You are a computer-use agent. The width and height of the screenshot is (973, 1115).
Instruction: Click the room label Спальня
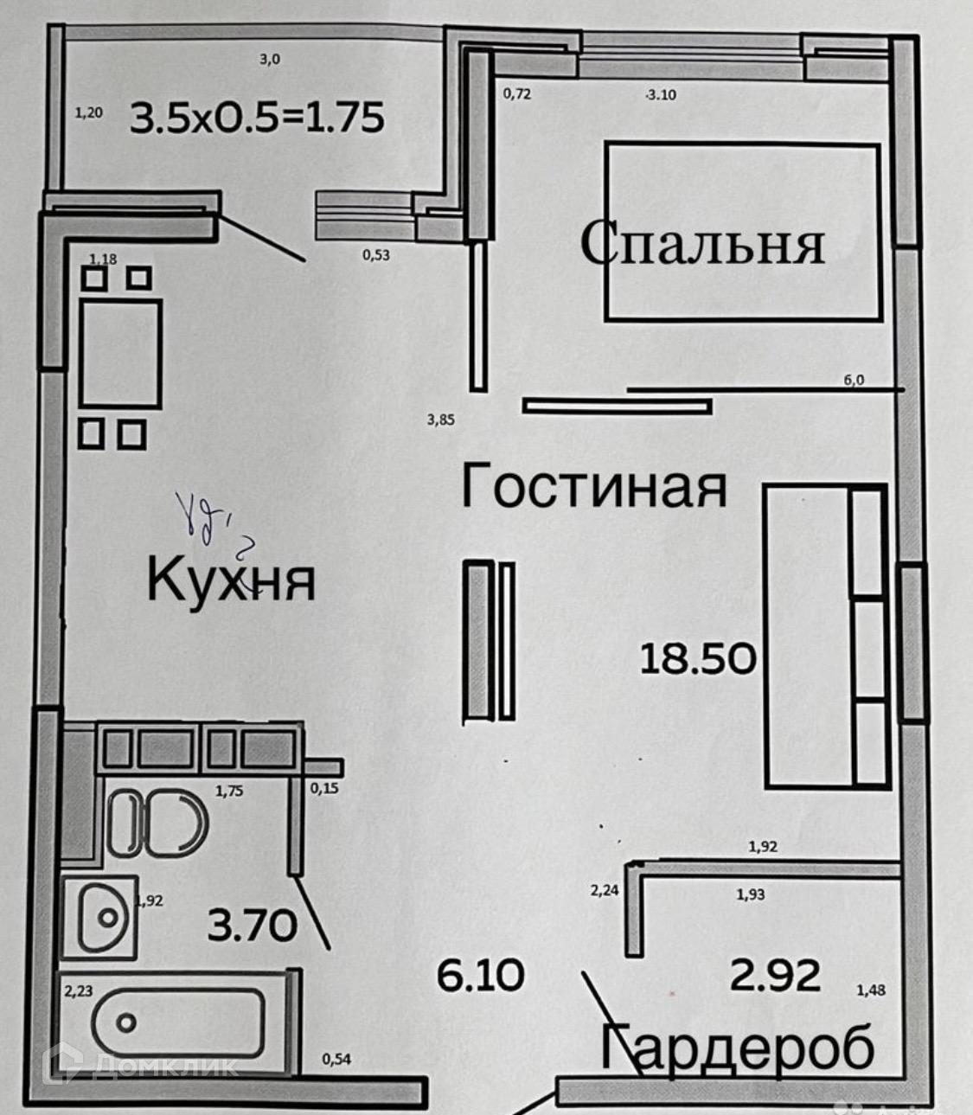pyautogui.click(x=701, y=243)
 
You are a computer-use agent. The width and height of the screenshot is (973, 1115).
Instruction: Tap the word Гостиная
pyautogui.click(x=593, y=486)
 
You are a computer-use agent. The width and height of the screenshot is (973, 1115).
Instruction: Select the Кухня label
pyautogui.click(x=230, y=580)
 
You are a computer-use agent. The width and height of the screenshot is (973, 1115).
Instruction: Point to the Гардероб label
pyautogui.click(x=738, y=1048)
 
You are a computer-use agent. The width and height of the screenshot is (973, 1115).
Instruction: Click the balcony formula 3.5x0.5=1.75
pyautogui.click(x=257, y=118)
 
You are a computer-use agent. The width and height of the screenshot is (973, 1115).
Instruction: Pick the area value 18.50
pyautogui.click(x=698, y=658)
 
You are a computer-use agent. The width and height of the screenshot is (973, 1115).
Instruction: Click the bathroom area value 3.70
pyautogui.click(x=252, y=926)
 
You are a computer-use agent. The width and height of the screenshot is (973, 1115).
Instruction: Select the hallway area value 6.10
pyautogui.click(x=480, y=976)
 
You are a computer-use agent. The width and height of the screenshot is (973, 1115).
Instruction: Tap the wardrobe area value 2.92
pyautogui.click(x=775, y=976)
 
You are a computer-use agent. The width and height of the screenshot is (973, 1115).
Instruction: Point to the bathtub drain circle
pyautogui.click(x=127, y=1023)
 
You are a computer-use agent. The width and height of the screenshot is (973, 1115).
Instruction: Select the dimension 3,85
pyautogui.click(x=440, y=420)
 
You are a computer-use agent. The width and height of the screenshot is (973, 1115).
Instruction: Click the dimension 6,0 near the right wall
pyautogui.click(x=853, y=379)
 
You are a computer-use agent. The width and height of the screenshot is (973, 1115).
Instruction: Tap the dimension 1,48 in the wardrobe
pyautogui.click(x=870, y=990)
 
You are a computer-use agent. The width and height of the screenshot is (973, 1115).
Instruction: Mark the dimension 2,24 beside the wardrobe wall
pyautogui.click(x=604, y=889)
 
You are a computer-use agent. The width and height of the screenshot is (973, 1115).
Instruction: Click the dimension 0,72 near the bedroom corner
pyautogui.click(x=516, y=93)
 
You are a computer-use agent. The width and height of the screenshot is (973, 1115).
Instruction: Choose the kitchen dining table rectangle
pyautogui.click(x=120, y=353)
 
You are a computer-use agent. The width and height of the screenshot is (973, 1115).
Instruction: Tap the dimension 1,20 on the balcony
pyautogui.click(x=88, y=112)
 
